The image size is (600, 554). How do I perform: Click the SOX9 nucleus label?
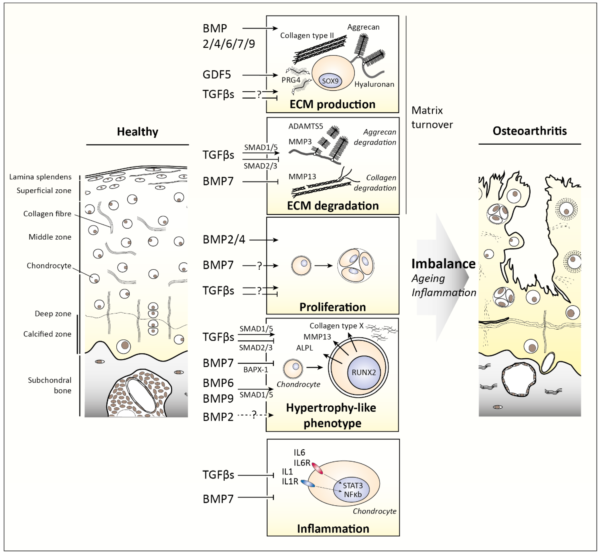coord(330,81)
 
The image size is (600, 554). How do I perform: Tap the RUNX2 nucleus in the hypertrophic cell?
coord(364,372)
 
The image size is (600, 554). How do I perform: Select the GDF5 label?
coord(217,75)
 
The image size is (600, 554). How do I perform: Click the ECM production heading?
coord(332,104)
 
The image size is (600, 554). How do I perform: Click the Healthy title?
coord(138,132)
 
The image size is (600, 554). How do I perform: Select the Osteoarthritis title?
coord(530,131)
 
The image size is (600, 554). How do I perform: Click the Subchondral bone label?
coord(50,385)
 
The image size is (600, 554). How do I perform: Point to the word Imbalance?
coord(443,264)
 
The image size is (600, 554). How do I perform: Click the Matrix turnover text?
coord(432,117)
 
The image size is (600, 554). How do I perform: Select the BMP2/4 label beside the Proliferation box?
coord(224,240)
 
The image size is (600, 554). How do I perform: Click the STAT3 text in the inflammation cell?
coord(353,486)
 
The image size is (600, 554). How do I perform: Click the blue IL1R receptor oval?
coord(308,483)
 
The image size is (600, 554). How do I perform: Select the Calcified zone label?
coord(47,334)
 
